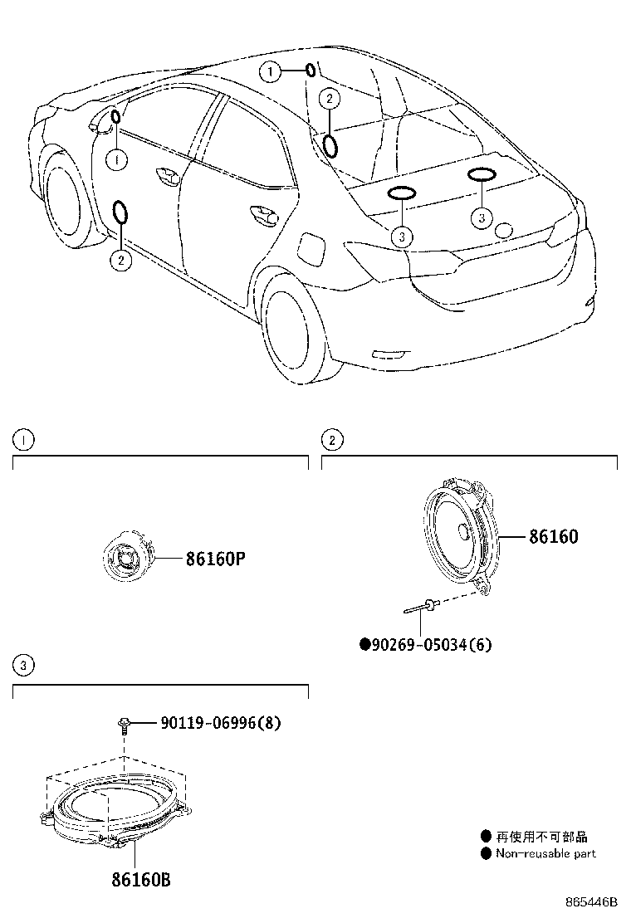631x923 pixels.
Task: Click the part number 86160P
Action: coord(215,558)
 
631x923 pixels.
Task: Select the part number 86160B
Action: coord(141,880)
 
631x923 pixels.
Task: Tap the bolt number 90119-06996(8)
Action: coord(221,722)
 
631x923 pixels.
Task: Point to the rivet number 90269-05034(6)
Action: coord(431,645)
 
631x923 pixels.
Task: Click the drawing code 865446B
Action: coord(591,901)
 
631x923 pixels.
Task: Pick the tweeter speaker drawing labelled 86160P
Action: coord(129,557)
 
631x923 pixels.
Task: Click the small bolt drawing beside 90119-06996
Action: coord(125,725)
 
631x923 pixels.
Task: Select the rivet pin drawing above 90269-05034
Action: coord(423,606)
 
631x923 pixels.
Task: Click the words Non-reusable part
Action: coord(545,853)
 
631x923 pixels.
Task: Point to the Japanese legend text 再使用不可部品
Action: coord(541,837)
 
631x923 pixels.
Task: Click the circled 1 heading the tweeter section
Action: coord(23,440)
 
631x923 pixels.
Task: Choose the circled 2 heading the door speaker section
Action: coord(332,440)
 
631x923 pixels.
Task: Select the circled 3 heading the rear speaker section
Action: coord(23,666)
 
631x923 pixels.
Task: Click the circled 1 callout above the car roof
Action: coord(270,72)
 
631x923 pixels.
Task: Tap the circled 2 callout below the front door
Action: coord(120,260)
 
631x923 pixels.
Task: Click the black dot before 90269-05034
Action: coord(365,645)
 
